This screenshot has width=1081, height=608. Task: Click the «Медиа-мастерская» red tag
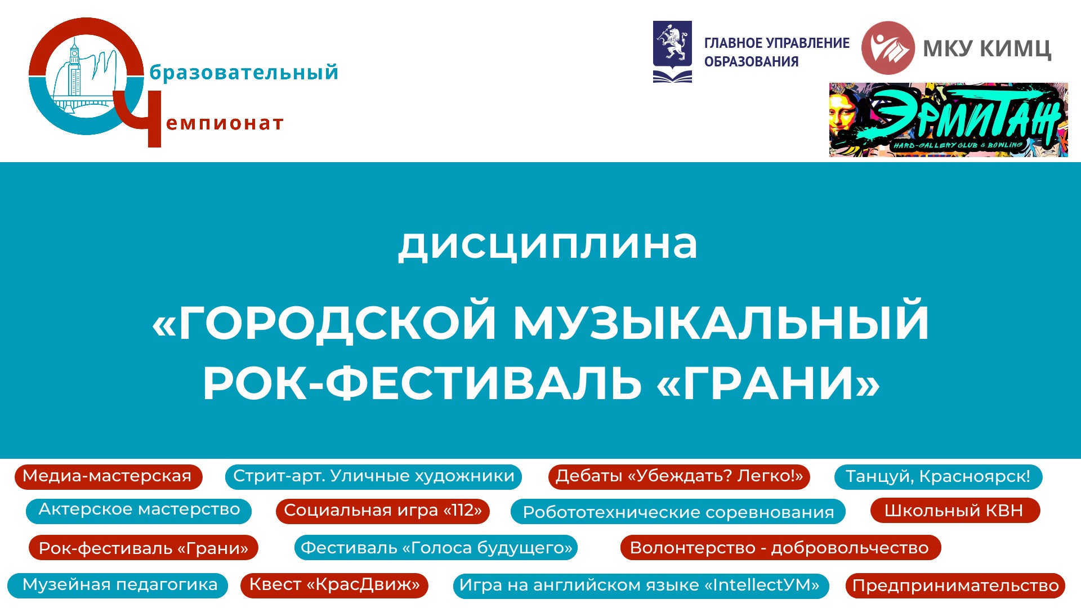pos(108,476)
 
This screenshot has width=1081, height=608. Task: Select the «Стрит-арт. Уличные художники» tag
pos(373,476)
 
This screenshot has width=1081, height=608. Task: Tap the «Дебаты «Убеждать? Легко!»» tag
pos(679,476)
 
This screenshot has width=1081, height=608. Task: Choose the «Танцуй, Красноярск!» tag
pos(938,476)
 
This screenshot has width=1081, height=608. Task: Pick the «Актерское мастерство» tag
pos(139,511)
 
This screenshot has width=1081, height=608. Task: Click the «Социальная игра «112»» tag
pos(383,511)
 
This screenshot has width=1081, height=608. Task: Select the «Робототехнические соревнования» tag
pos(678,512)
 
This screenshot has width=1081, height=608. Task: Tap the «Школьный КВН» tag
pos(955,511)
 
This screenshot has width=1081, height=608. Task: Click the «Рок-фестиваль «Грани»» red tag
pos(143,548)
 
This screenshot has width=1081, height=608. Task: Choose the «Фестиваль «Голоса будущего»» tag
pos(436,548)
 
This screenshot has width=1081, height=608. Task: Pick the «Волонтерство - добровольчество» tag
pos(780,548)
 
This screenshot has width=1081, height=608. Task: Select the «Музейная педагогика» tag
pos(118,585)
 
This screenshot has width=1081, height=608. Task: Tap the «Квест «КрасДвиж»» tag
pos(334,585)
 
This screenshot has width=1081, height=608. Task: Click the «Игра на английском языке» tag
pos(641,585)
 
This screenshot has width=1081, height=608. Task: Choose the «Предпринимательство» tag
pos(955,585)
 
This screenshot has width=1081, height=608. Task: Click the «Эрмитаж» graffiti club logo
pos(948,120)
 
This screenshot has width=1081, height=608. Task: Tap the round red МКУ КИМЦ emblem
pos(888,48)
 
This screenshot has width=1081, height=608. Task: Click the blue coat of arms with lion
pos(672,52)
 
